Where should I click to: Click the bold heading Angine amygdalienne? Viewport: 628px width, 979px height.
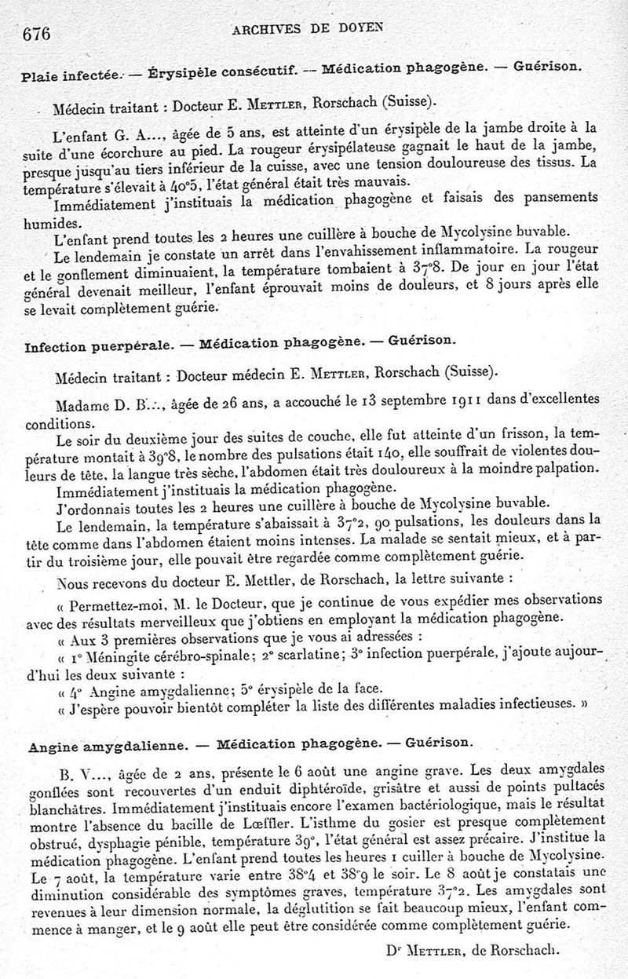click(107, 743)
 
